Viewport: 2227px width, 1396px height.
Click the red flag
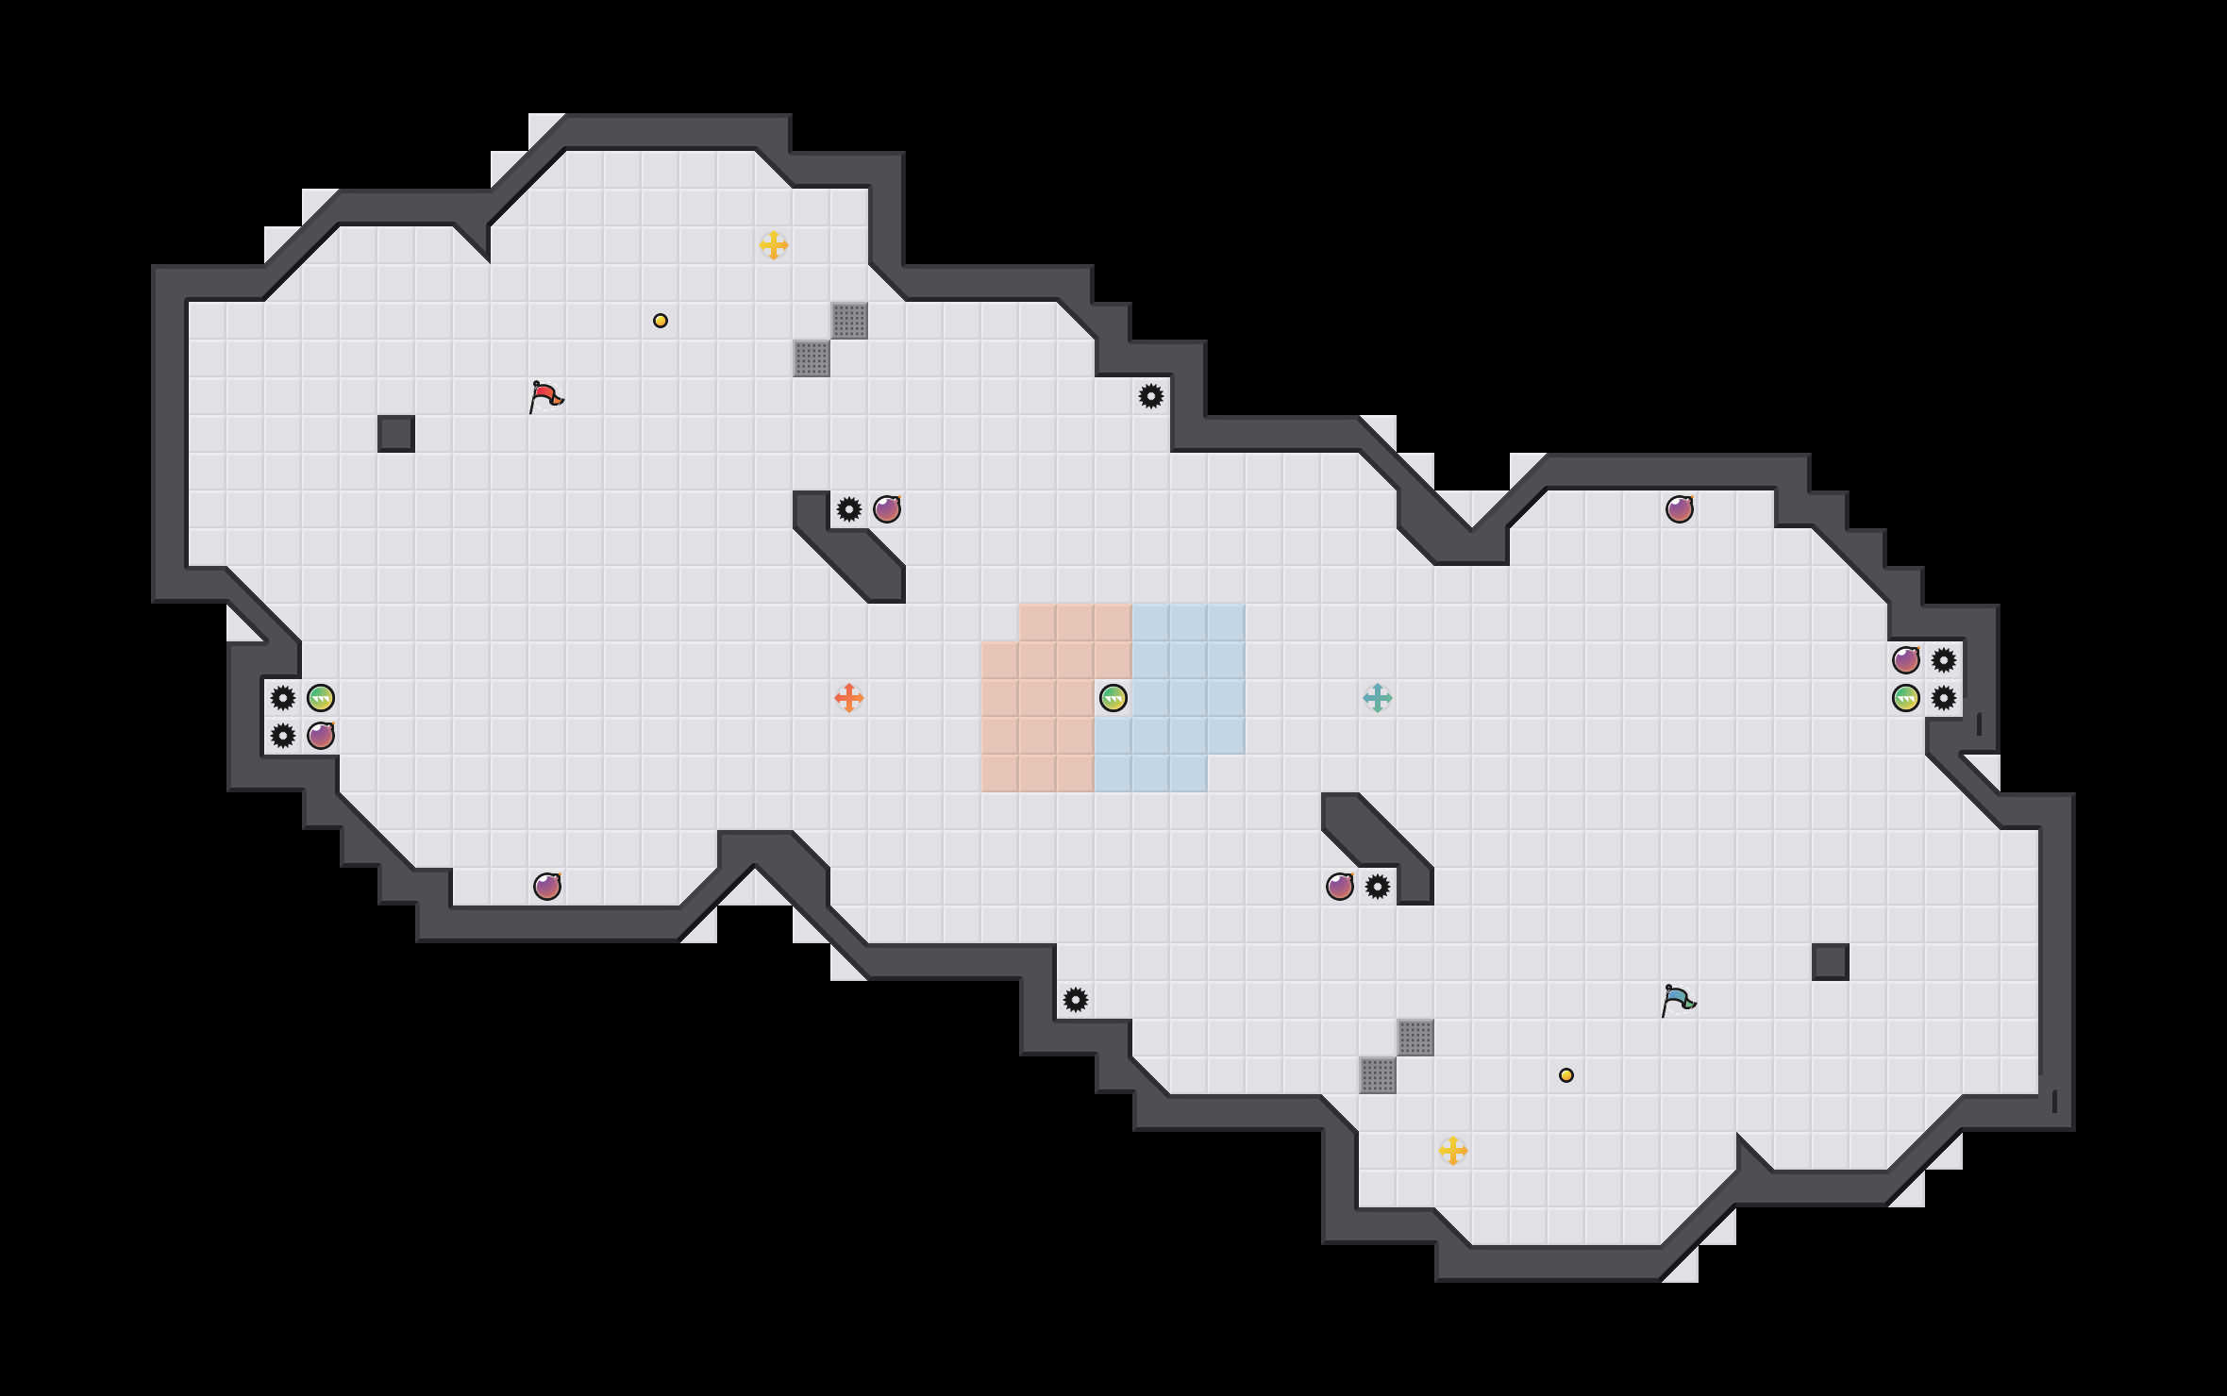coord(545,397)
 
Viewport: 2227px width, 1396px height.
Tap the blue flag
coord(1678,1001)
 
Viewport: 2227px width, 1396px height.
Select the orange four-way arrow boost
coord(849,698)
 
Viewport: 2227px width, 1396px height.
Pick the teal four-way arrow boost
coord(1378,698)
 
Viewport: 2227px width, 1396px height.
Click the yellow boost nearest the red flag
coord(774,245)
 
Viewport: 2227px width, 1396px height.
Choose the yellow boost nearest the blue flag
coord(1453,1151)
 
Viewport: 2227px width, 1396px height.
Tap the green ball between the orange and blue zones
coord(1113,698)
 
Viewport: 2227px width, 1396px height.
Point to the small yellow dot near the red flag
coord(661,321)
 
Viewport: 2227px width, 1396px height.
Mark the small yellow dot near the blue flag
coord(1566,1075)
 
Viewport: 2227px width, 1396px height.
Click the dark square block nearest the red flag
coord(396,434)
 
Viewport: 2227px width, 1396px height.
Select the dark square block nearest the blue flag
coord(1831,962)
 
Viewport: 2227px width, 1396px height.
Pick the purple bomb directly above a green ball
coord(1906,660)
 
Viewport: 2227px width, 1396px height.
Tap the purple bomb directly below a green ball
coord(321,736)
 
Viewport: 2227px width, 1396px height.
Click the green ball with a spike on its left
coord(321,698)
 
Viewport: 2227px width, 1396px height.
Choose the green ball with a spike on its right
coord(1906,698)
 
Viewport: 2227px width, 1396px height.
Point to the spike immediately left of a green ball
coord(283,698)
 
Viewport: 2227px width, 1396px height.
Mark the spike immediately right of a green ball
coord(1944,698)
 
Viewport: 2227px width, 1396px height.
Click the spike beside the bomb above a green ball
coord(1944,660)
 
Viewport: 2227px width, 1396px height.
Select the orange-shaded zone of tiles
coord(1038,717)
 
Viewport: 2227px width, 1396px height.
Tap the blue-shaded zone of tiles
coord(1189,679)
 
